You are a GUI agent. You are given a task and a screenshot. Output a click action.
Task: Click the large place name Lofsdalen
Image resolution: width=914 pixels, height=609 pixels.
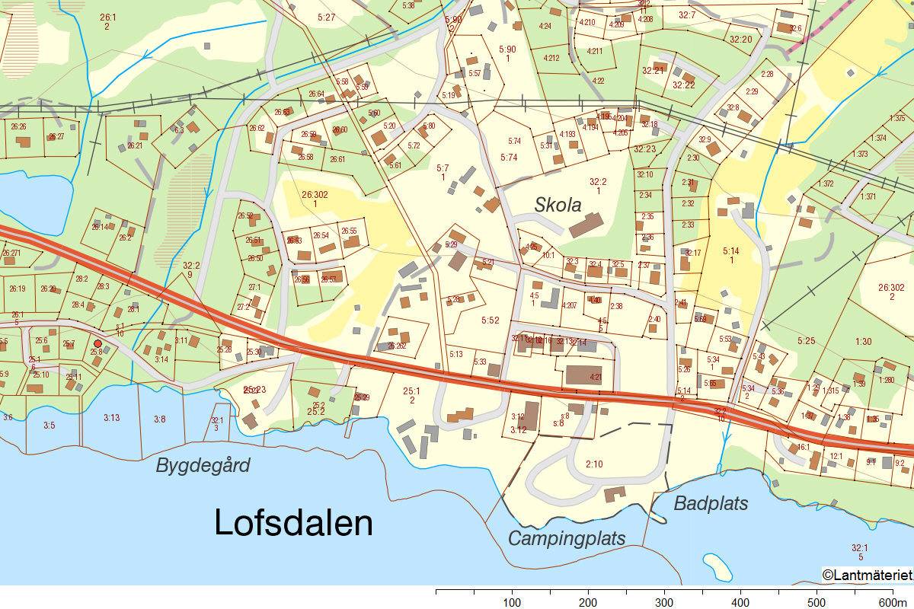tap(293, 524)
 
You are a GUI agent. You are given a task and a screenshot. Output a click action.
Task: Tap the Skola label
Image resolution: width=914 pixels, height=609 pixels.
tap(558, 205)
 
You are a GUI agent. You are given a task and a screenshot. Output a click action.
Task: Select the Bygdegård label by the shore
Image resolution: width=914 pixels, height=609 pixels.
tap(203, 466)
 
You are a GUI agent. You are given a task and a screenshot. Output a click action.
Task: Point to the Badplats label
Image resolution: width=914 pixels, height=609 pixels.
tap(711, 503)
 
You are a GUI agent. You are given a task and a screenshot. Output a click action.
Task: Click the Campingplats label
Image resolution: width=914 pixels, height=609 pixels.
tap(567, 538)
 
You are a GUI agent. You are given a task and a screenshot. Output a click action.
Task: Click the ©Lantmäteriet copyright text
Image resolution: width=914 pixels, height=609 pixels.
tap(867, 575)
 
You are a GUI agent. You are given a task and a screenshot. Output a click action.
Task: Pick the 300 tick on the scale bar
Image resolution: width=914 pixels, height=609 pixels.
tap(664, 602)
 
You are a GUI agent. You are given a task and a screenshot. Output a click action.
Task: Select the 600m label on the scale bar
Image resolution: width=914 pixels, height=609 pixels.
tap(897, 602)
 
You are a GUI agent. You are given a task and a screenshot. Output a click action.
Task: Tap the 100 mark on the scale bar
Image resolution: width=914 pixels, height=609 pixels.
tap(512, 602)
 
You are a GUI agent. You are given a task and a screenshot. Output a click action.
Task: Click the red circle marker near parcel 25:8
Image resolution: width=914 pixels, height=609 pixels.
tap(97, 344)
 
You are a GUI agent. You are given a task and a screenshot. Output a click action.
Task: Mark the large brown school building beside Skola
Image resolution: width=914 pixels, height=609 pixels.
tap(586, 225)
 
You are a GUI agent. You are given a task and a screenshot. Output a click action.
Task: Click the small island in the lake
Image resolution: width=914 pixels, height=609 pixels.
tap(717, 566)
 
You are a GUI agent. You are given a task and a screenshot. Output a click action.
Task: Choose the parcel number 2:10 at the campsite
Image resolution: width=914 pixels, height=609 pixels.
tap(594, 464)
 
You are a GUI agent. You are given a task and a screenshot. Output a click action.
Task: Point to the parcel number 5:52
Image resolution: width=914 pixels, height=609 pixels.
tap(491, 320)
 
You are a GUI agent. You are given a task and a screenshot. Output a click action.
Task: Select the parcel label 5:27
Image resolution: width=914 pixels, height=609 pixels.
tap(326, 17)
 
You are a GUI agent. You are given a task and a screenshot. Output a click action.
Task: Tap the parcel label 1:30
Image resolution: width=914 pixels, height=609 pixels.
tap(863, 342)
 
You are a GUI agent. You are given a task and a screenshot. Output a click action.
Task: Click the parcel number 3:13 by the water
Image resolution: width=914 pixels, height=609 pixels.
tap(111, 417)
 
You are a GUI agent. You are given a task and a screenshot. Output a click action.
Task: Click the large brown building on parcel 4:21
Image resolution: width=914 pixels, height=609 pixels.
tap(583, 375)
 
